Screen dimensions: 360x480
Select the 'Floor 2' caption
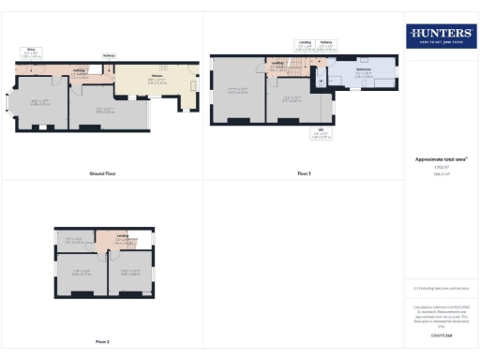pyautogui.click(x=102, y=341)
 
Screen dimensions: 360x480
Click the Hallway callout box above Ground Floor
pyautogui.click(x=109, y=55)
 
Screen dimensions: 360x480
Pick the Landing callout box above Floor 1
pyautogui.click(x=305, y=43)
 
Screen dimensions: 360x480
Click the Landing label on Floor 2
pyautogui.click(x=122, y=238)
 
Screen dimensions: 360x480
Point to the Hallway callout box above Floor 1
pyautogui.click(x=325, y=43)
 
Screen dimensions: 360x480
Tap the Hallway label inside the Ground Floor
pyautogui.click(x=80, y=72)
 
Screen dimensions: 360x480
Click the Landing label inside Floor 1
pyautogui.click(x=278, y=65)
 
